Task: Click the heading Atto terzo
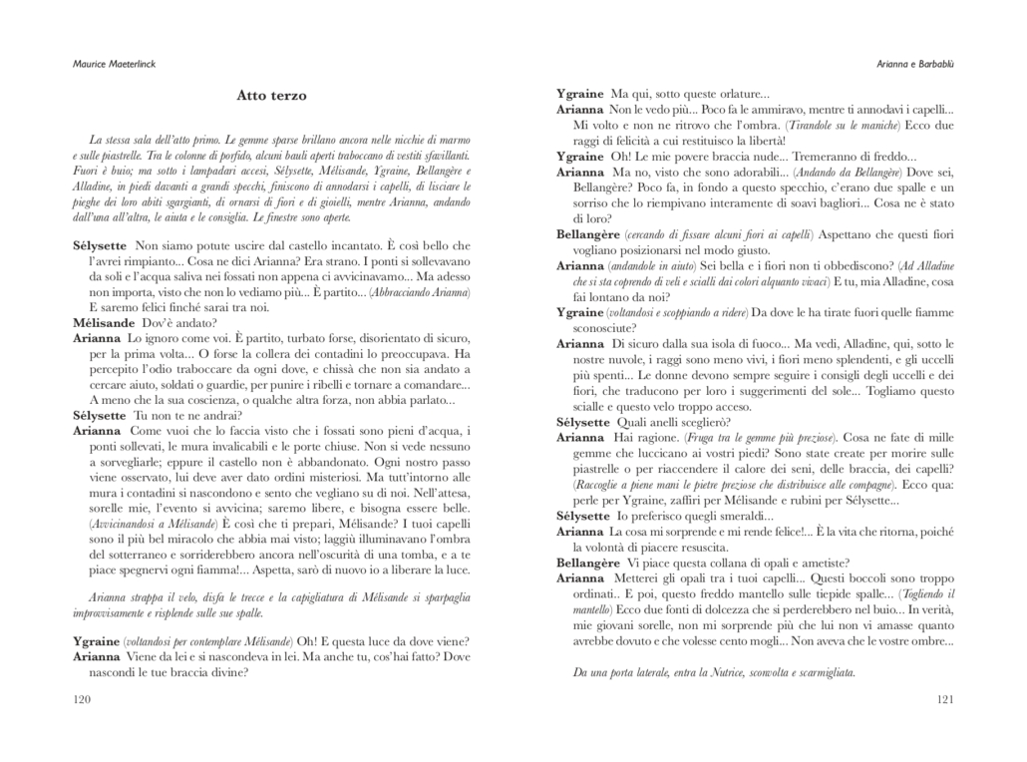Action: click(271, 96)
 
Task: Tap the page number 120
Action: click(83, 699)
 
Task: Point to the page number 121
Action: click(946, 699)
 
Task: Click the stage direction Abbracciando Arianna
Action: click(418, 292)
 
